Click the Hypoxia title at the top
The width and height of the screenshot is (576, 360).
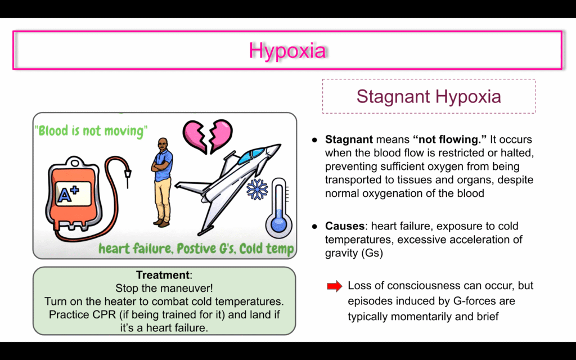tap(287, 50)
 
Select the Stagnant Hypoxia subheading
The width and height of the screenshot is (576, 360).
tap(429, 96)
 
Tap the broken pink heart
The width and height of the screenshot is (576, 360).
tap(208, 136)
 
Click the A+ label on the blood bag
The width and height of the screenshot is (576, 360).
tap(68, 194)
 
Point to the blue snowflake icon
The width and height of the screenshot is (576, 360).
tap(257, 189)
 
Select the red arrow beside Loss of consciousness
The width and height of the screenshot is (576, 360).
tap(334, 286)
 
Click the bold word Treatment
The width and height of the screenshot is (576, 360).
tap(163, 274)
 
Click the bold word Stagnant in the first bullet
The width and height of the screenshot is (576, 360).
tap(349, 139)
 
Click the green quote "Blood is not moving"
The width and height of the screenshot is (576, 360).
tap(91, 130)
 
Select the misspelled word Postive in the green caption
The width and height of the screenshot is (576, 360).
tap(195, 249)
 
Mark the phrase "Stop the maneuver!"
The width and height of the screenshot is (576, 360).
tap(164, 288)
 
